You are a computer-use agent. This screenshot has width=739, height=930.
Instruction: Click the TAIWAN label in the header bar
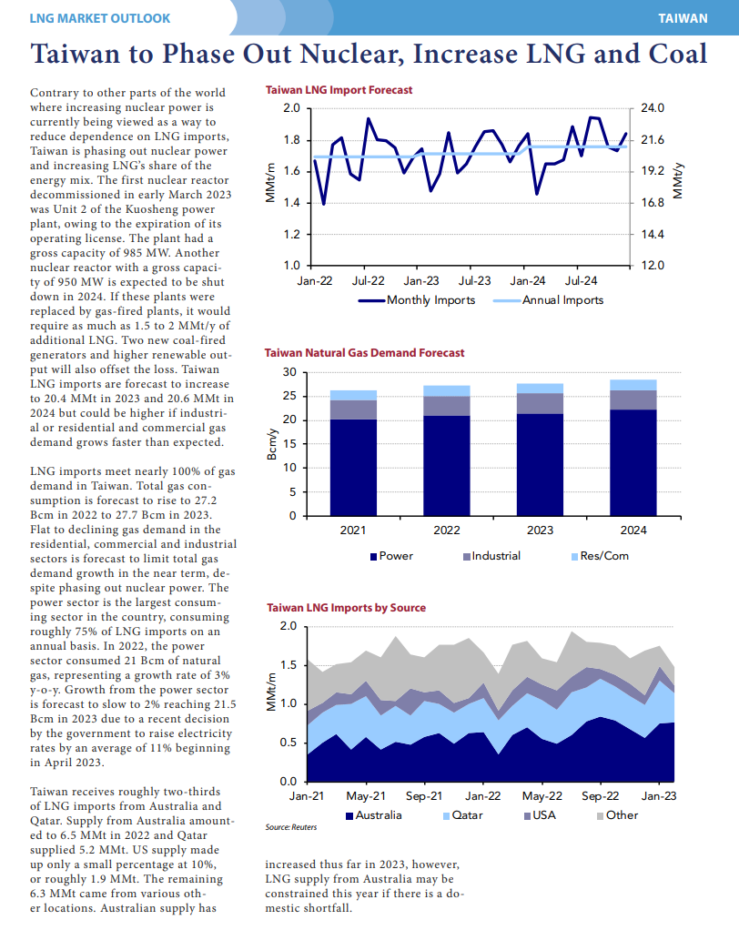683,18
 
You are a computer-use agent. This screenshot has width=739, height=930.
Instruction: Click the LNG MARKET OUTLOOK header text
99,18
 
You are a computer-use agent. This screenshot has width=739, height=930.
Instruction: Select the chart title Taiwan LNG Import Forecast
339,90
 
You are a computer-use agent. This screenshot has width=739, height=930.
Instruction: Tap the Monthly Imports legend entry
417,300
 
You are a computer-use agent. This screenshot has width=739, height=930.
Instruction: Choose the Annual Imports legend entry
548,300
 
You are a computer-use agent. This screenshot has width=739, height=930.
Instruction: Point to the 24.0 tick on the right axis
653,108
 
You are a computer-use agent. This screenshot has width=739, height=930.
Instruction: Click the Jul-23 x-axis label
474,280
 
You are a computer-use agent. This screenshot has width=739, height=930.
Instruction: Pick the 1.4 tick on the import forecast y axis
292,203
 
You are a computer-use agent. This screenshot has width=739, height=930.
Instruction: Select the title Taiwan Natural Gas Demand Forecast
364,353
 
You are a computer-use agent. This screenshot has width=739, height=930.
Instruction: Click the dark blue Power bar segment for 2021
353,468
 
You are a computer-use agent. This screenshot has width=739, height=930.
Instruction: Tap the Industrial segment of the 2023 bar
540,403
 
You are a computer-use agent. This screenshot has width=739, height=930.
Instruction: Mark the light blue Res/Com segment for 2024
633,385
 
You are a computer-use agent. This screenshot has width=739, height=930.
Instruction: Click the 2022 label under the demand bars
447,531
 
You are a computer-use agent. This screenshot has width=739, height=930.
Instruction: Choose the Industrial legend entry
492,556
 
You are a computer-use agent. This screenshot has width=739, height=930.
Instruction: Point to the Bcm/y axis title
271,444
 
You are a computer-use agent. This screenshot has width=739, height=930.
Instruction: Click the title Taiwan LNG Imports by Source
347,608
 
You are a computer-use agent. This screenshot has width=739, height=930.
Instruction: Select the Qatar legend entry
463,815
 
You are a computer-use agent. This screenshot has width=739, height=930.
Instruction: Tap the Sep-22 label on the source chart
601,796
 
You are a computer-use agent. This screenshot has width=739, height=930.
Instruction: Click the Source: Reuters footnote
290,827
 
